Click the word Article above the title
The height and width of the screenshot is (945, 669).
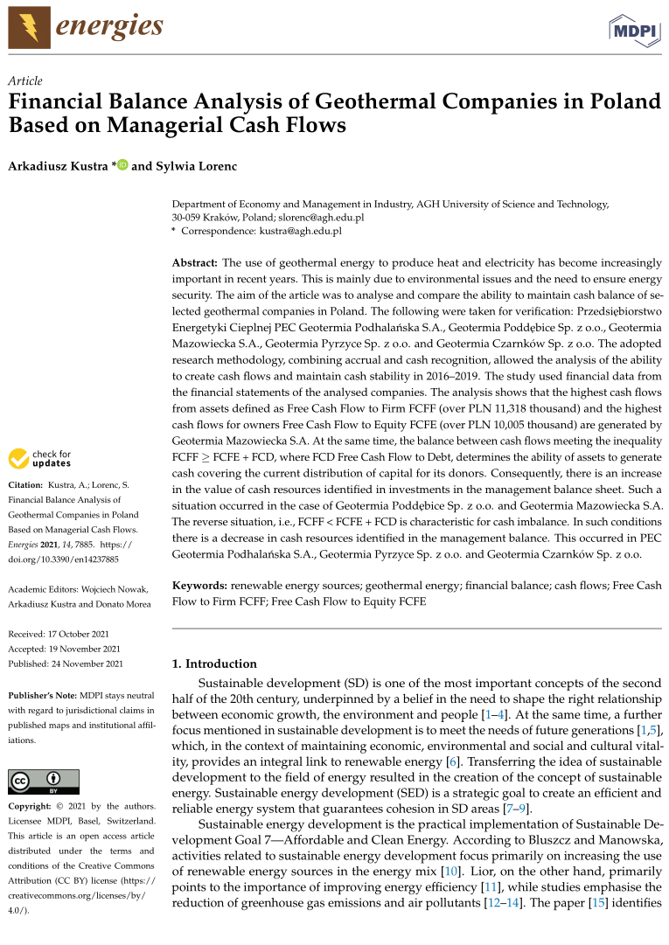(25, 80)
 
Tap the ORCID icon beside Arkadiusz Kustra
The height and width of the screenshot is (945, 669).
(122, 164)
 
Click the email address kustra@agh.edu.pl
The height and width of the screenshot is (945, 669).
(300, 232)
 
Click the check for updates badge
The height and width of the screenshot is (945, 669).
(40, 459)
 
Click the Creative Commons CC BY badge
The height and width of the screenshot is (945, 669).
(44, 782)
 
